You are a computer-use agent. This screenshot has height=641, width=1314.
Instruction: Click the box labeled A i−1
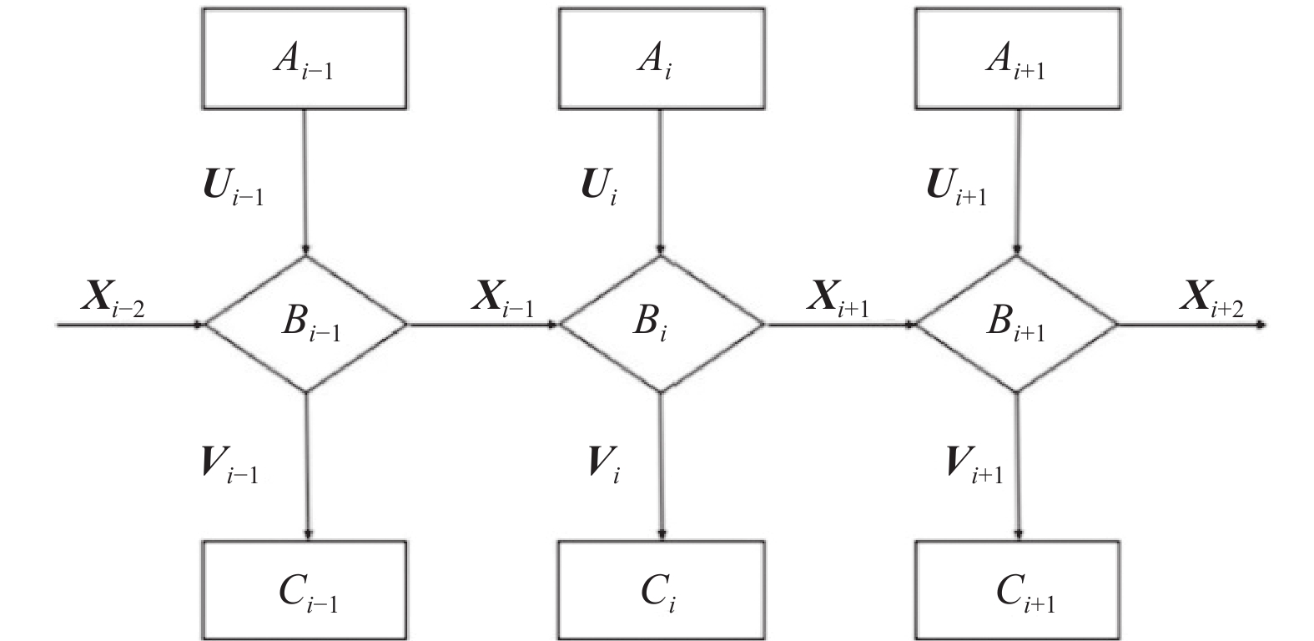click(305, 59)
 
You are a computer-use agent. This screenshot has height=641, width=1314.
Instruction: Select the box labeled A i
click(661, 59)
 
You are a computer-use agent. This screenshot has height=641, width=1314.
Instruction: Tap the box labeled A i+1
click(1018, 59)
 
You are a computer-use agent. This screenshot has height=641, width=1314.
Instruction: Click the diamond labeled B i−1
click(306, 324)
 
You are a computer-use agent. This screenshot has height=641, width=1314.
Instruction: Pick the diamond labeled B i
click(661, 324)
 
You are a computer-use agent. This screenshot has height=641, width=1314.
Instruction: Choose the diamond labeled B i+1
click(1016, 324)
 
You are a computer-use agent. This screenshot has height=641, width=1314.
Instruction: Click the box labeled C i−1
click(305, 591)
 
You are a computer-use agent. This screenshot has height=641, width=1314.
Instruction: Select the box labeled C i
click(661, 591)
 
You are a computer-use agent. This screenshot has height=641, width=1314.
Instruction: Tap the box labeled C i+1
click(1018, 591)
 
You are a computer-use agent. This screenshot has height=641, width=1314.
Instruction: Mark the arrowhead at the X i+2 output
click(1261, 325)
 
